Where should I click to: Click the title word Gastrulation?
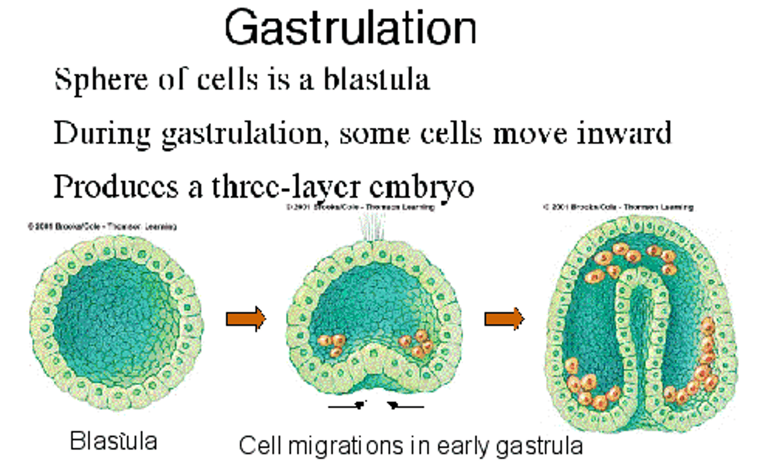click(350, 28)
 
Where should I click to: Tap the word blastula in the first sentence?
click(376, 80)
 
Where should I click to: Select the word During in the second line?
click(102, 134)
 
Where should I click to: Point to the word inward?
click(624, 133)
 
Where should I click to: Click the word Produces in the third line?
click(116, 187)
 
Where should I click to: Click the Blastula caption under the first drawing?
click(113, 441)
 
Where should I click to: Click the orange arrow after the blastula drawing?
click(246, 319)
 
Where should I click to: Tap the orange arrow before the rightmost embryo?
click(504, 319)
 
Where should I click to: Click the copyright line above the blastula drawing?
click(102, 227)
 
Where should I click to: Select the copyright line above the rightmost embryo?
click(618, 207)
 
